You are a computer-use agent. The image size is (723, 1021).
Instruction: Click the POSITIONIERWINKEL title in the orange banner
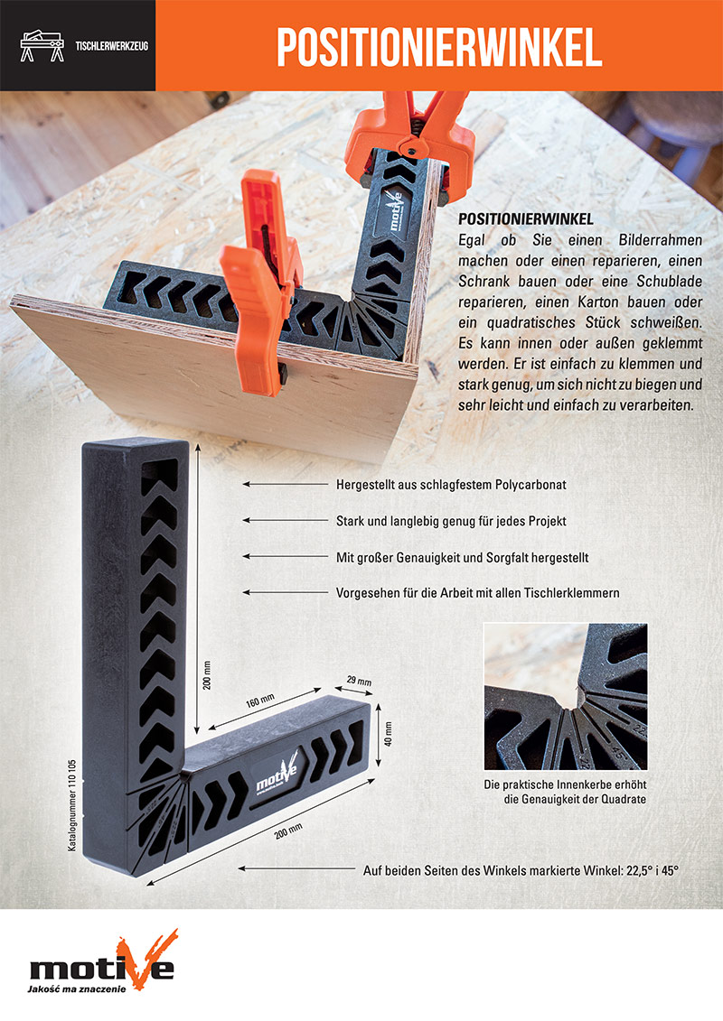[x=438, y=46]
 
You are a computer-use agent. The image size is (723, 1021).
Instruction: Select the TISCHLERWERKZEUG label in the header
[x=111, y=46]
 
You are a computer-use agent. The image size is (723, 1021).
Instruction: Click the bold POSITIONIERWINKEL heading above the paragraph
[x=525, y=218]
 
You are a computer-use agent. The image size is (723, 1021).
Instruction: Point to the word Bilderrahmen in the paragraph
[x=660, y=240]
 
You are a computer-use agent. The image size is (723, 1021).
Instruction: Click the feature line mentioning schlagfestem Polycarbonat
[x=451, y=485]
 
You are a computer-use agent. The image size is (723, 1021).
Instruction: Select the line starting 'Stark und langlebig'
[x=451, y=521]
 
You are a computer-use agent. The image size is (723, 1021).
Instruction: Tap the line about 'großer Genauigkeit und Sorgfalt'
[x=462, y=557]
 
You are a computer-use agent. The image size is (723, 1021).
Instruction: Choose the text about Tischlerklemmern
[x=478, y=592]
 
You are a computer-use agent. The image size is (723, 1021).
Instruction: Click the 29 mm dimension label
[x=359, y=681]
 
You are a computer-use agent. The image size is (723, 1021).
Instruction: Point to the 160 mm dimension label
[x=260, y=701]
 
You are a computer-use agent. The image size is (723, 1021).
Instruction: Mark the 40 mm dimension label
[x=389, y=733]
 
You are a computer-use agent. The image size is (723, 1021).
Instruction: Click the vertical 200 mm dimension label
[x=207, y=675]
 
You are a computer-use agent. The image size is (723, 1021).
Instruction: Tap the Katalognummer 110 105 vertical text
[x=72, y=805]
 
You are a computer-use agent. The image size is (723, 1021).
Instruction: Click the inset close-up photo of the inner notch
[x=565, y=696]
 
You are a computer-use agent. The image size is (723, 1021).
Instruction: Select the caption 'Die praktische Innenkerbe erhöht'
[x=565, y=784]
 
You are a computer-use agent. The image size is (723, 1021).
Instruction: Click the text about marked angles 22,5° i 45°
[x=521, y=870]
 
